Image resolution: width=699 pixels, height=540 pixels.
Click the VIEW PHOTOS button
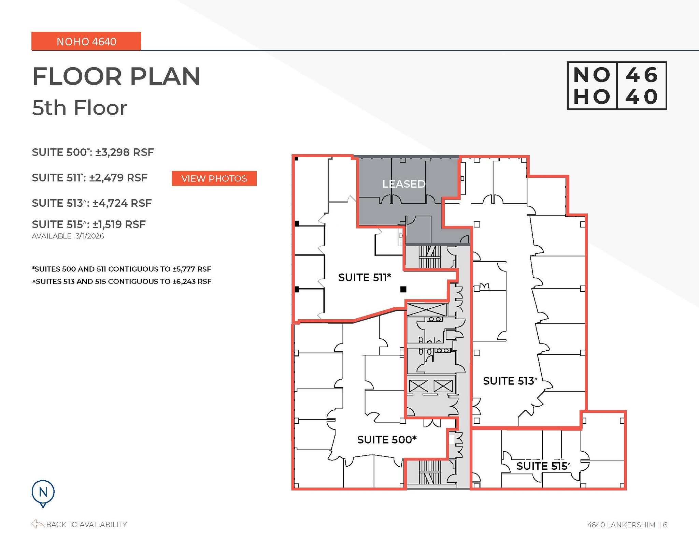click(214, 178)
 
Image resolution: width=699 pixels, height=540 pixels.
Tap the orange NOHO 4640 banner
click(86, 41)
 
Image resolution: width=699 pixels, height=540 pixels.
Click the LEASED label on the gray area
click(403, 184)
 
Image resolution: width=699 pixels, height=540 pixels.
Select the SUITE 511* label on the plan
click(364, 277)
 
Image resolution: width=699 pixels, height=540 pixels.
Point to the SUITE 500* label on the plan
click(387, 440)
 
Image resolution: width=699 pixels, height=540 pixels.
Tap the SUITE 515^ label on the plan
click(543, 466)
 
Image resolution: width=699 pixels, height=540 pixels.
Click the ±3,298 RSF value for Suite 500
click(125, 152)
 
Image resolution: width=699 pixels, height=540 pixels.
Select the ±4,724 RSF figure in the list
click(122, 203)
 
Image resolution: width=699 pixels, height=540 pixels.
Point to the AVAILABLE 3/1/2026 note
click(68, 236)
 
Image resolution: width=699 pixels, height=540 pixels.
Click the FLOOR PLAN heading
click(116, 76)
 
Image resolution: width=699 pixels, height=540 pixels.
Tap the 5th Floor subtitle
click(80, 108)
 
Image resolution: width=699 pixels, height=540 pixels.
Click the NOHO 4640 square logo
click(616, 86)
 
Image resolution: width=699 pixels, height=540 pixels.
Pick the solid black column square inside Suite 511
click(403, 289)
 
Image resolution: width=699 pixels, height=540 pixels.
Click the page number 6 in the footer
click(665, 525)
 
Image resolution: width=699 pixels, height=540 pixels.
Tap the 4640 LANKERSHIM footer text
click(621, 525)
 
